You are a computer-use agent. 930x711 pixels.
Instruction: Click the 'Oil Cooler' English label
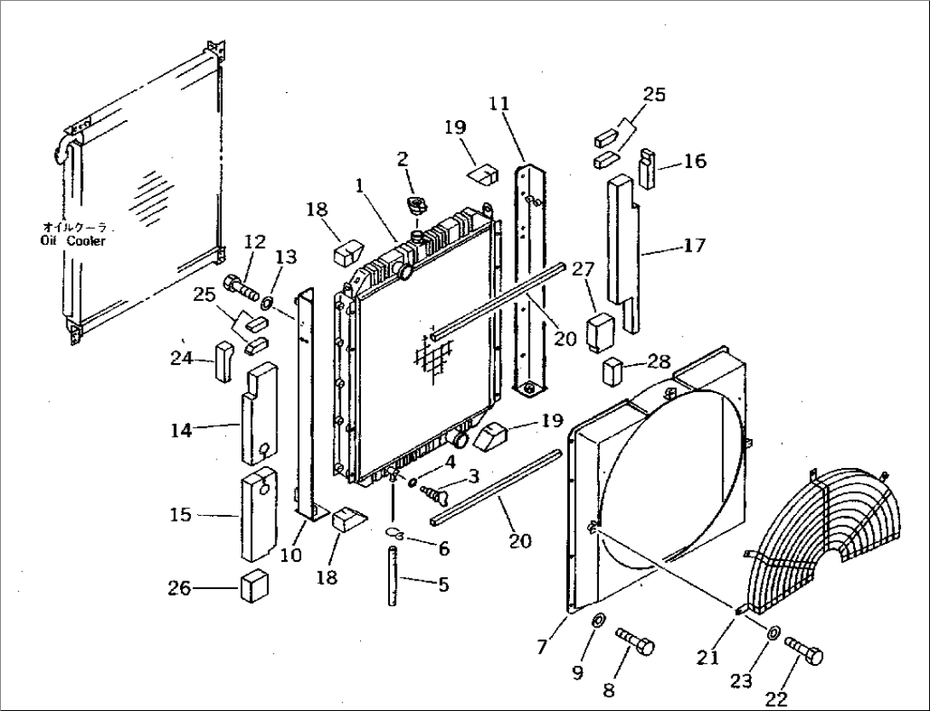coord(73,241)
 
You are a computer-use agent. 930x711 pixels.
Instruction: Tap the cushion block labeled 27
coord(597,332)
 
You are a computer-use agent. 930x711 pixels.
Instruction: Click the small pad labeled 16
coord(648,169)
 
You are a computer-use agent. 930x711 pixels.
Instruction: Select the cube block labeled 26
coord(255,587)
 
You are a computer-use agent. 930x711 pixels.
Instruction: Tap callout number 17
coord(694,246)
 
